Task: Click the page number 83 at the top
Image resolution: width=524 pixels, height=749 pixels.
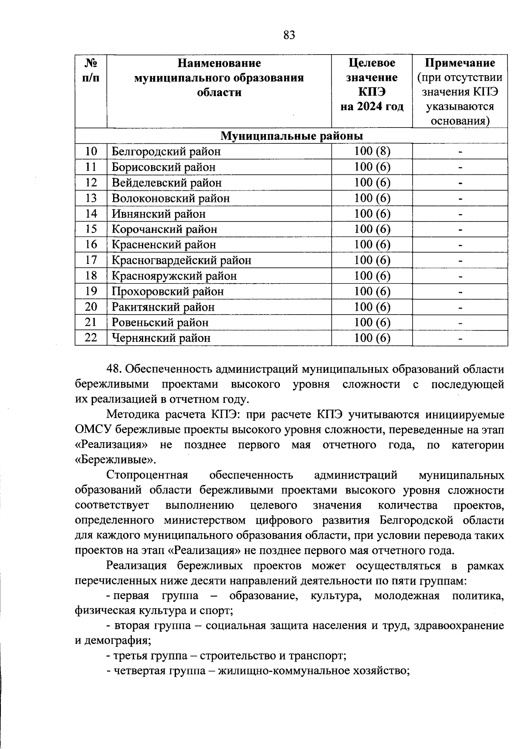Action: click(x=289, y=35)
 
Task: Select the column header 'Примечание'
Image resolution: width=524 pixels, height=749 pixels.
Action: click(x=460, y=63)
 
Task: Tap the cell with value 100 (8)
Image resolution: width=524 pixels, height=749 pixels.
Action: click(x=372, y=151)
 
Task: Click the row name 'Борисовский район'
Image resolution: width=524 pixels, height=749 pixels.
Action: click(x=163, y=167)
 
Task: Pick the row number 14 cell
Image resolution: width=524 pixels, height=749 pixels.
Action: click(x=91, y=214)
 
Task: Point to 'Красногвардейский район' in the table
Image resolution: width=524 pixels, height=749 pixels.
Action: click(x=181, y=260)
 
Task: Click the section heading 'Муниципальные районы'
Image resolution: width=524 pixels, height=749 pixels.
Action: click(x=291, y=136)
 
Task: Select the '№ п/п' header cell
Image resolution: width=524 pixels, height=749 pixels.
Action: click(x=91, y=70)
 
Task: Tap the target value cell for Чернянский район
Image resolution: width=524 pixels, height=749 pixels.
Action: click(x=372, y=338)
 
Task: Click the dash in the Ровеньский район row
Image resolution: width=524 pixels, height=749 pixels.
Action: click(x=460, y=322)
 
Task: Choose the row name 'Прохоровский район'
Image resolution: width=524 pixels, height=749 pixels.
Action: click(x=168, y=291)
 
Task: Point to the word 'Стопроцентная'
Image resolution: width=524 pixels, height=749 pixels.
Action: click(x=147, y=475)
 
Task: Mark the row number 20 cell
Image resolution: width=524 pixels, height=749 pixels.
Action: click(x=91, y=307)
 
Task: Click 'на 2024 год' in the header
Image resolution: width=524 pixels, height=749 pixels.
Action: click(x=372, y=107)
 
